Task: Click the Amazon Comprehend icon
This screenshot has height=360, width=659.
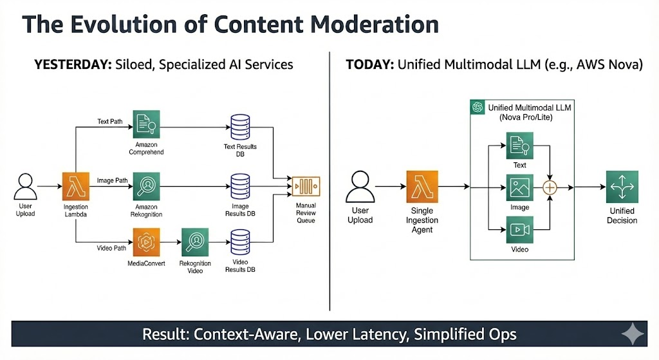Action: pyautogui.click(x=146, y=123)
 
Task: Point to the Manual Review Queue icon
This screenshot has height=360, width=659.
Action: pyautogui.click(x=306, y=187)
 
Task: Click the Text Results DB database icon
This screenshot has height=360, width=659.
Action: pyautogui.click(x=240, y=128)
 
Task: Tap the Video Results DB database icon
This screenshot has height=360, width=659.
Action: pyautogui.click(x=240, y=242)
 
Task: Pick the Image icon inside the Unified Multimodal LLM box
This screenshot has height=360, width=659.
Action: pyautogui.click(x=519, y=187)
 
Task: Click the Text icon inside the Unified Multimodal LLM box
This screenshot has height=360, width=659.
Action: pyautogui.click(x=519, y=146)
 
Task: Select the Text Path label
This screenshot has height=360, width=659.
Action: pyautogui.click(x=110, y=120)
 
